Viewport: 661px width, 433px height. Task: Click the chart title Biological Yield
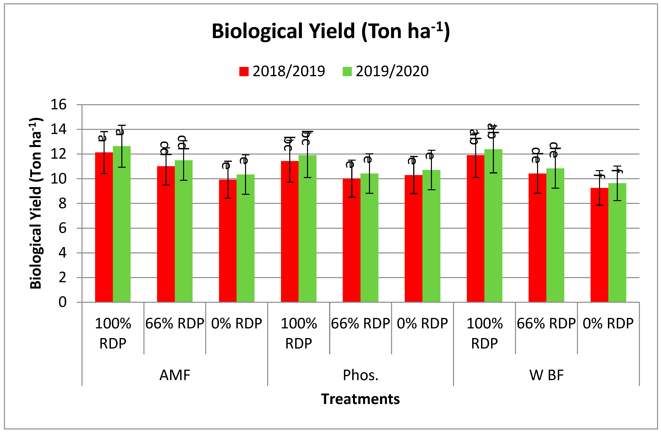330,31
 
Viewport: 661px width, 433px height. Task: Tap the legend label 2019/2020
392,71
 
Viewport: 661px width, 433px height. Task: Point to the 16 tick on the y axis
59,105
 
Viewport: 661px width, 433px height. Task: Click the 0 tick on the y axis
63,302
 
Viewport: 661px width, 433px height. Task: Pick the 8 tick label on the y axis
63,204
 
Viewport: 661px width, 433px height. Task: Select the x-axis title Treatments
360,399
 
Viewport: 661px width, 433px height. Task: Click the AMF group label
175,375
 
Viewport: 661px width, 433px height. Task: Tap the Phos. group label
360,375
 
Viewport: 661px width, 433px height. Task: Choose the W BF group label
546,375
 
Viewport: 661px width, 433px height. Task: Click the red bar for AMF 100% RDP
104,228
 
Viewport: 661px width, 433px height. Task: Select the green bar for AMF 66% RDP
184,232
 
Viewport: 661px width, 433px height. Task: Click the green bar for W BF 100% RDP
493,226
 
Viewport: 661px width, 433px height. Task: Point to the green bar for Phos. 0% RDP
431,236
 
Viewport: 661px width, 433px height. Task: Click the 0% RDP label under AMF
237,324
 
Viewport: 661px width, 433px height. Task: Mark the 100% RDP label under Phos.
299,333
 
